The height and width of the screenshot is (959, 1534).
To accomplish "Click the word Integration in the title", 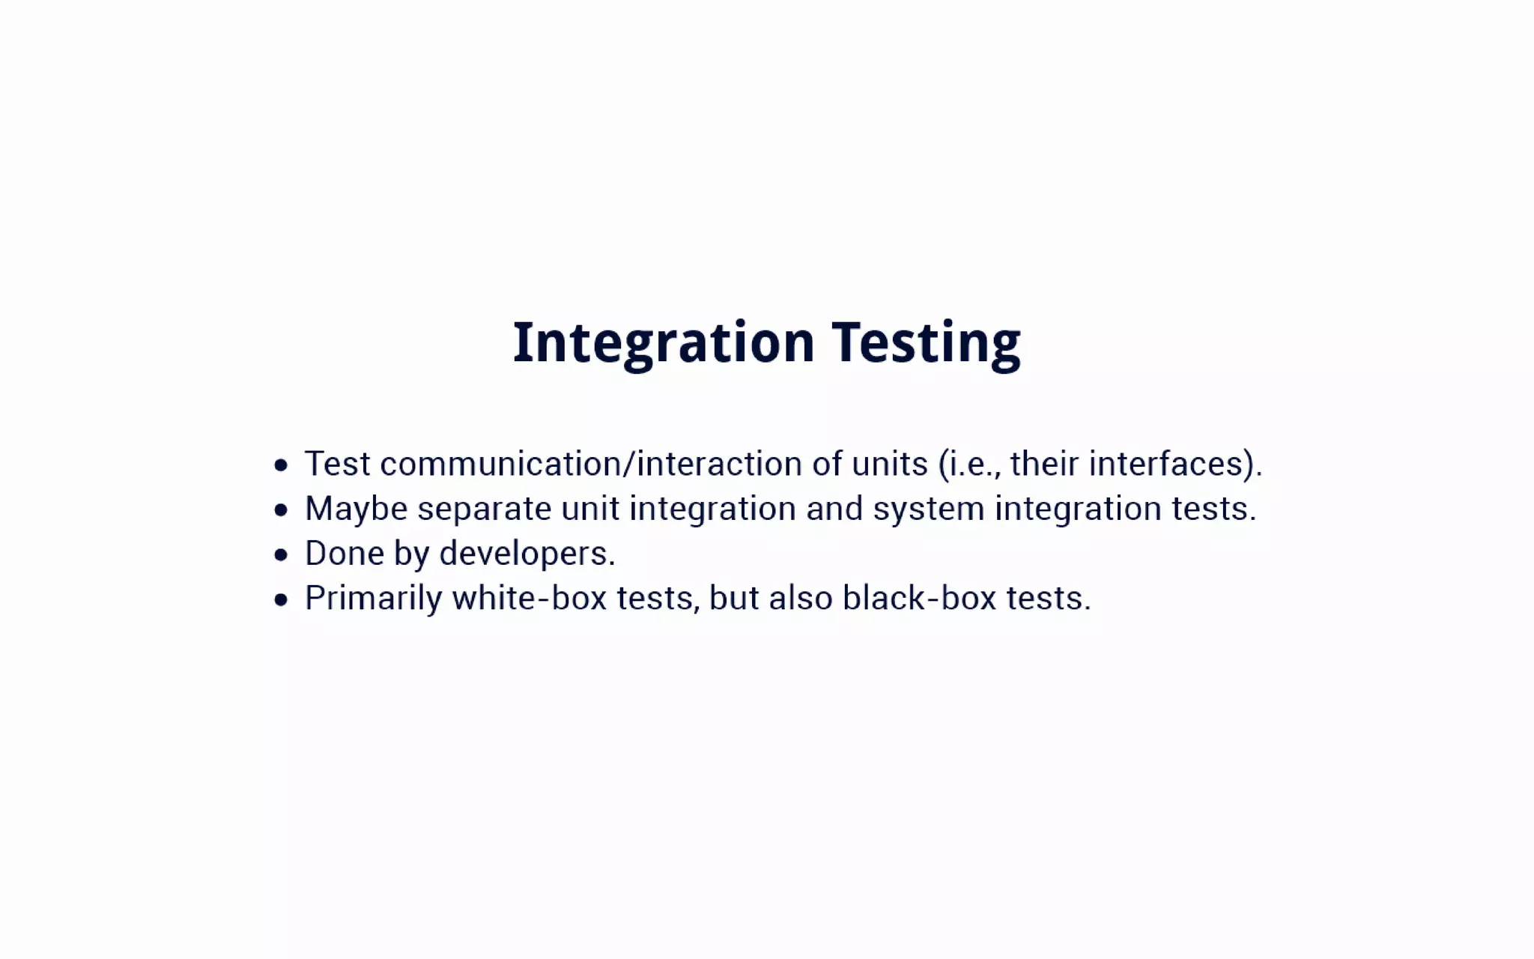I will (663, 342).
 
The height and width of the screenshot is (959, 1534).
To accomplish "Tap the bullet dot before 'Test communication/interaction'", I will (281, 465).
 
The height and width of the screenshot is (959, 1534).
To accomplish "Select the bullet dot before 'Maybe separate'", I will (281, 510).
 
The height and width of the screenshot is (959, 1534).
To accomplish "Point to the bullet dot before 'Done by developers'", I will (281, 555).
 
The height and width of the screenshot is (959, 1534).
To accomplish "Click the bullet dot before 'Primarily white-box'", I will (281, 599).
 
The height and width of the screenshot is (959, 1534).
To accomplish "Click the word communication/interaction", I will (591, 464).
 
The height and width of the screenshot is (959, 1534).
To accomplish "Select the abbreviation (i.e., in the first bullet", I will (969, 464).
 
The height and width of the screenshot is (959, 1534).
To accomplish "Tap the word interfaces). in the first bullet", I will (1175, 464).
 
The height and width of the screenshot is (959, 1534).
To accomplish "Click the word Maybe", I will (356, 509).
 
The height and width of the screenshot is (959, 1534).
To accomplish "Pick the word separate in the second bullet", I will (485, 509).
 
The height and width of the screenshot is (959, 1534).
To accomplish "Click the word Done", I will (344, 554).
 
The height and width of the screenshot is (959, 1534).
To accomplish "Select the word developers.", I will (527, 554).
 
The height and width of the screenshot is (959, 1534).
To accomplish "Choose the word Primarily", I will (373, 599).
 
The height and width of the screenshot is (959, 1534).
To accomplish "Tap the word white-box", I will (529, 599).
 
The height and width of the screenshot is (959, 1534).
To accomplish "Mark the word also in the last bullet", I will (800, 599).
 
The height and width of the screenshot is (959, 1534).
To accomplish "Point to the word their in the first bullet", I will (1044, 464).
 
